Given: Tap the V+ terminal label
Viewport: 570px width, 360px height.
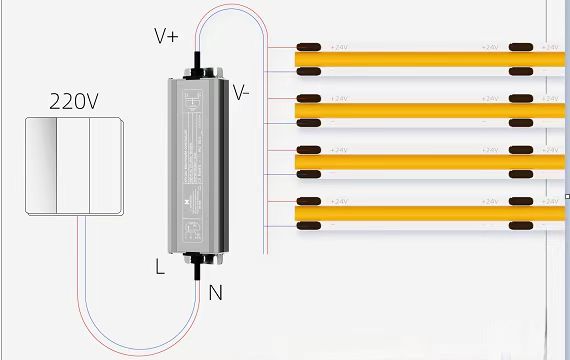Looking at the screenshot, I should tap(166, 36).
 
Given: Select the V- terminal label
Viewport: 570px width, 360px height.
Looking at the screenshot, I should tap(242, 92).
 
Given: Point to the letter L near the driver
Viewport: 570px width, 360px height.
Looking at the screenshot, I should tap(160, 267).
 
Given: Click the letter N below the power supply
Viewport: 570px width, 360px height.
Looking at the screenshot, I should tap(215, 293).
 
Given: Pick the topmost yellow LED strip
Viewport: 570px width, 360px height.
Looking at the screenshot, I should tap(430, 59).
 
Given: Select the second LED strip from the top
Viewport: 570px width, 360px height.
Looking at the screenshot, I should tap(430, 111).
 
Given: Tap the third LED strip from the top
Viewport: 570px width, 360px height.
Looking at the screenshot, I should tap(430, 162).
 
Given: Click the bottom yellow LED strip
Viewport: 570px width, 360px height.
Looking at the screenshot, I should tap(430, 213).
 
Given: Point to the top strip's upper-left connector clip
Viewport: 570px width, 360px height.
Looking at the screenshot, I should tap(310, 47).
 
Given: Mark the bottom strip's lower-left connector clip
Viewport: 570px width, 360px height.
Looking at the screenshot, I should tap(310, 225).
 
